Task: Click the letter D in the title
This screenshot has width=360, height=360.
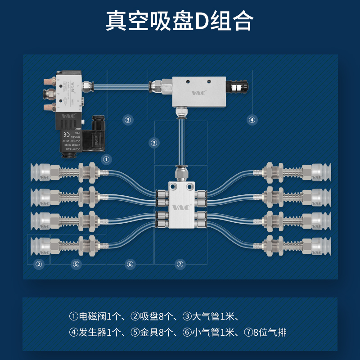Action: (x=204, y=21)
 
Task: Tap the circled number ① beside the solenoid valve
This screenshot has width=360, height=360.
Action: (x=106, y=159)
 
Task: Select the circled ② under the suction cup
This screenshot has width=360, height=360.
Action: (x=39, y=264)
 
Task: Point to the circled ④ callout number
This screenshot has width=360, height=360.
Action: (x=252, y=120)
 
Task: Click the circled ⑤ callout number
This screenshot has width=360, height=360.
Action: (x=76, y=264)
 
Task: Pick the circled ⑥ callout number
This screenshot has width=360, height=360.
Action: (x=130, y=264)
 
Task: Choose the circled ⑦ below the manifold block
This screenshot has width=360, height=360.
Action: (x=180, y=264)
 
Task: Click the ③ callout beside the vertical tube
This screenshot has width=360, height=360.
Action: (x=154, y=143)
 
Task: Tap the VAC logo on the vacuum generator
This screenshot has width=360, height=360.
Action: (x=198, y=93)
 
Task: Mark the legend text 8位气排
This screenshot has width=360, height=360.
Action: (x=270, y=333)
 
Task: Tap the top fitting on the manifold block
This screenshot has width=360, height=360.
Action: (x=181, y=172)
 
